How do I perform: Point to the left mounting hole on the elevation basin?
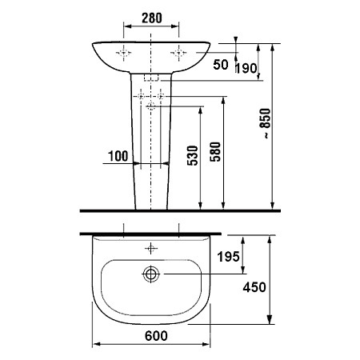(x=125, y=54)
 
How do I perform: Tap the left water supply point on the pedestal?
(x=142, y=97)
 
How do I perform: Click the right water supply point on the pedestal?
(x=162, y=97)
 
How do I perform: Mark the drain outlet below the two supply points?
(x=151, y=106)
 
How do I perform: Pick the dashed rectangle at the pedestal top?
(x=151, y=80)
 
